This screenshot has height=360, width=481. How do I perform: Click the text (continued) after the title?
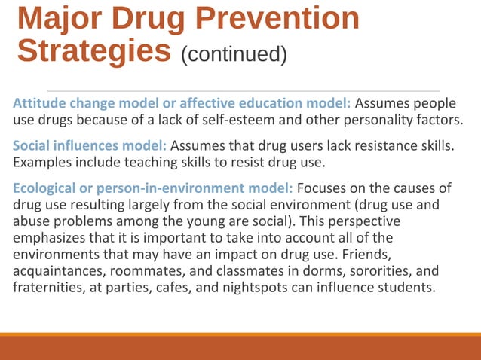click(234, 54)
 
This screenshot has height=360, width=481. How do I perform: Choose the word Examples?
click(42, 162)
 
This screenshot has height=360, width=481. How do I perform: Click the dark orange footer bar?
click(240, 348)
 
